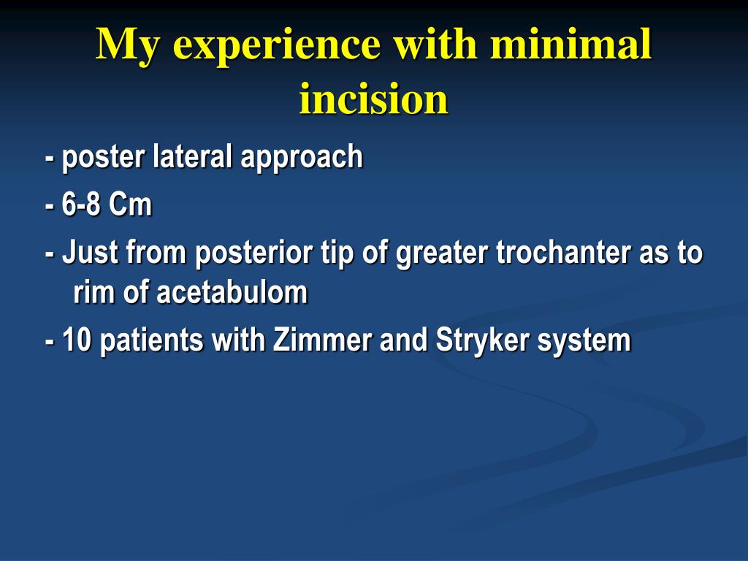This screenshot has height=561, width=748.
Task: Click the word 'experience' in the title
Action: pos(276,46)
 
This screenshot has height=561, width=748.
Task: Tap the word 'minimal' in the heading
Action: pos(570,43)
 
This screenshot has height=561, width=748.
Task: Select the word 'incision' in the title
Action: pos(373,99)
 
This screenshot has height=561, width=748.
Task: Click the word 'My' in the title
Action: pos(127,46)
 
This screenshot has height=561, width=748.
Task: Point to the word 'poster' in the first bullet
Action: pos(103,158)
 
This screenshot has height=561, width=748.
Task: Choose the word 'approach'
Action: pos(302,158)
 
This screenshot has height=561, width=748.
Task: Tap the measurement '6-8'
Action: pos(80,204)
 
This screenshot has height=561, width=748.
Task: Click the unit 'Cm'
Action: pos(130,204)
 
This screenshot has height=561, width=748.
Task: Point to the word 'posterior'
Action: pos(253,253)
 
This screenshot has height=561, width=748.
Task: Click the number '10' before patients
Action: pos(76,340)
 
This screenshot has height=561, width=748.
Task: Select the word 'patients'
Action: pos(152,340)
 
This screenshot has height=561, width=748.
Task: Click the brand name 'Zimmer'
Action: pos(322,340)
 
